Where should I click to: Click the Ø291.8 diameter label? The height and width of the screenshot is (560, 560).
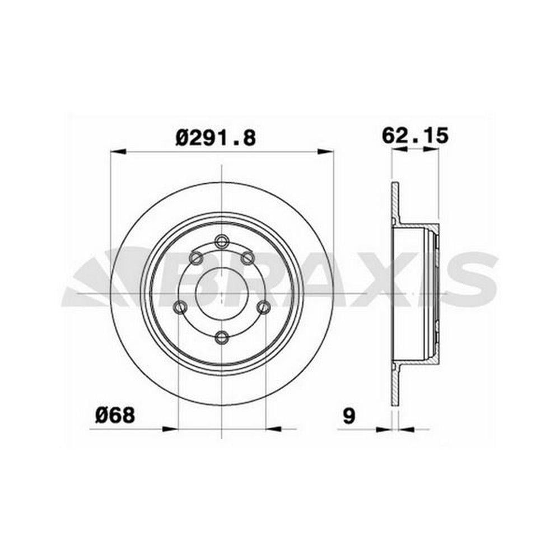(216, 137)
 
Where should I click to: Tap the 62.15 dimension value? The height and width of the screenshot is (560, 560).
(415, 136)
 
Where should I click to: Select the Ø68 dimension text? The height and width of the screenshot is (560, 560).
(115, 415)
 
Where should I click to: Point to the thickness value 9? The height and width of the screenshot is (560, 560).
(349, 416)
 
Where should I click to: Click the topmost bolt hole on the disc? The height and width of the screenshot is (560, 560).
(222, 241)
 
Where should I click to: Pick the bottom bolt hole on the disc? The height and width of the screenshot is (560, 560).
(222, 337)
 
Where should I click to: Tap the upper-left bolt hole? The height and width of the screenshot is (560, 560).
(197, 258)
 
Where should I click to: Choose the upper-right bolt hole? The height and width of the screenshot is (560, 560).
(248, 258)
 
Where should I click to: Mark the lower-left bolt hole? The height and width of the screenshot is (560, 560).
(180, 306)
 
